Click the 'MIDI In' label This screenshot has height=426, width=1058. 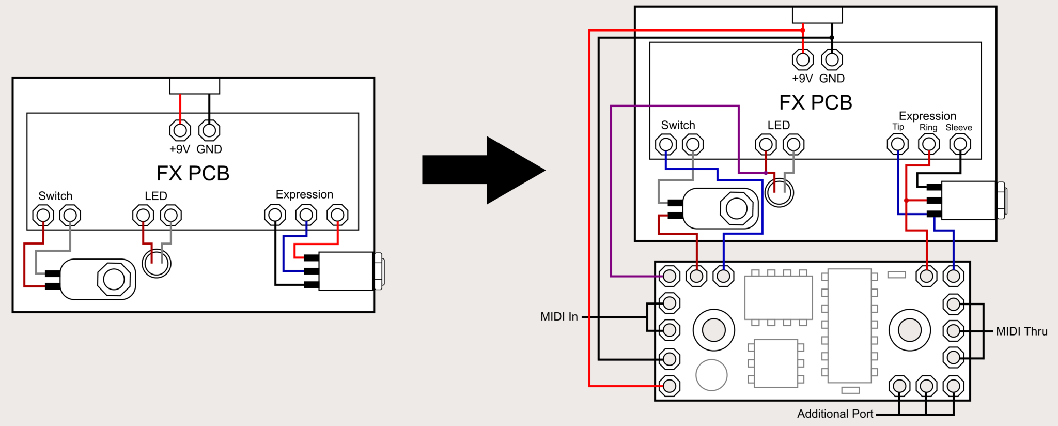559,316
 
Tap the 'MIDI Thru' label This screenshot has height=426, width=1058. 1021,331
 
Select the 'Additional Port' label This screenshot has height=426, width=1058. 835,414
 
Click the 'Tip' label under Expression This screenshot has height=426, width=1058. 898,127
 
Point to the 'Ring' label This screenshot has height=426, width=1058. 928,127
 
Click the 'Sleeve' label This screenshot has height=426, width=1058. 959,127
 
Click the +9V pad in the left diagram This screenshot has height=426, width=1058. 180,130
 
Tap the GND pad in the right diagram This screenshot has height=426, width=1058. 832,60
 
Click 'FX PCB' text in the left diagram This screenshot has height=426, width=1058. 193,173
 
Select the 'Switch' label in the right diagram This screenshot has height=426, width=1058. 678,125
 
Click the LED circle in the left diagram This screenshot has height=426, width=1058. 157,264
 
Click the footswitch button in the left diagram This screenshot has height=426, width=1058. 114,279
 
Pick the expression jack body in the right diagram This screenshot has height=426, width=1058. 968,200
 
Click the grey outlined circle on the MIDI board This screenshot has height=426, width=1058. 711,375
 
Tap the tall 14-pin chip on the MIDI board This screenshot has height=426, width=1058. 849,326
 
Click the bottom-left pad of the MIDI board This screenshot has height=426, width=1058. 670,386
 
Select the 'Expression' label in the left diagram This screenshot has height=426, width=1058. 304,194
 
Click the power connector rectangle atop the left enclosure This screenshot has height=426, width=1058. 195,86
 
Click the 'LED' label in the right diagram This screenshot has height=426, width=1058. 779,125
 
